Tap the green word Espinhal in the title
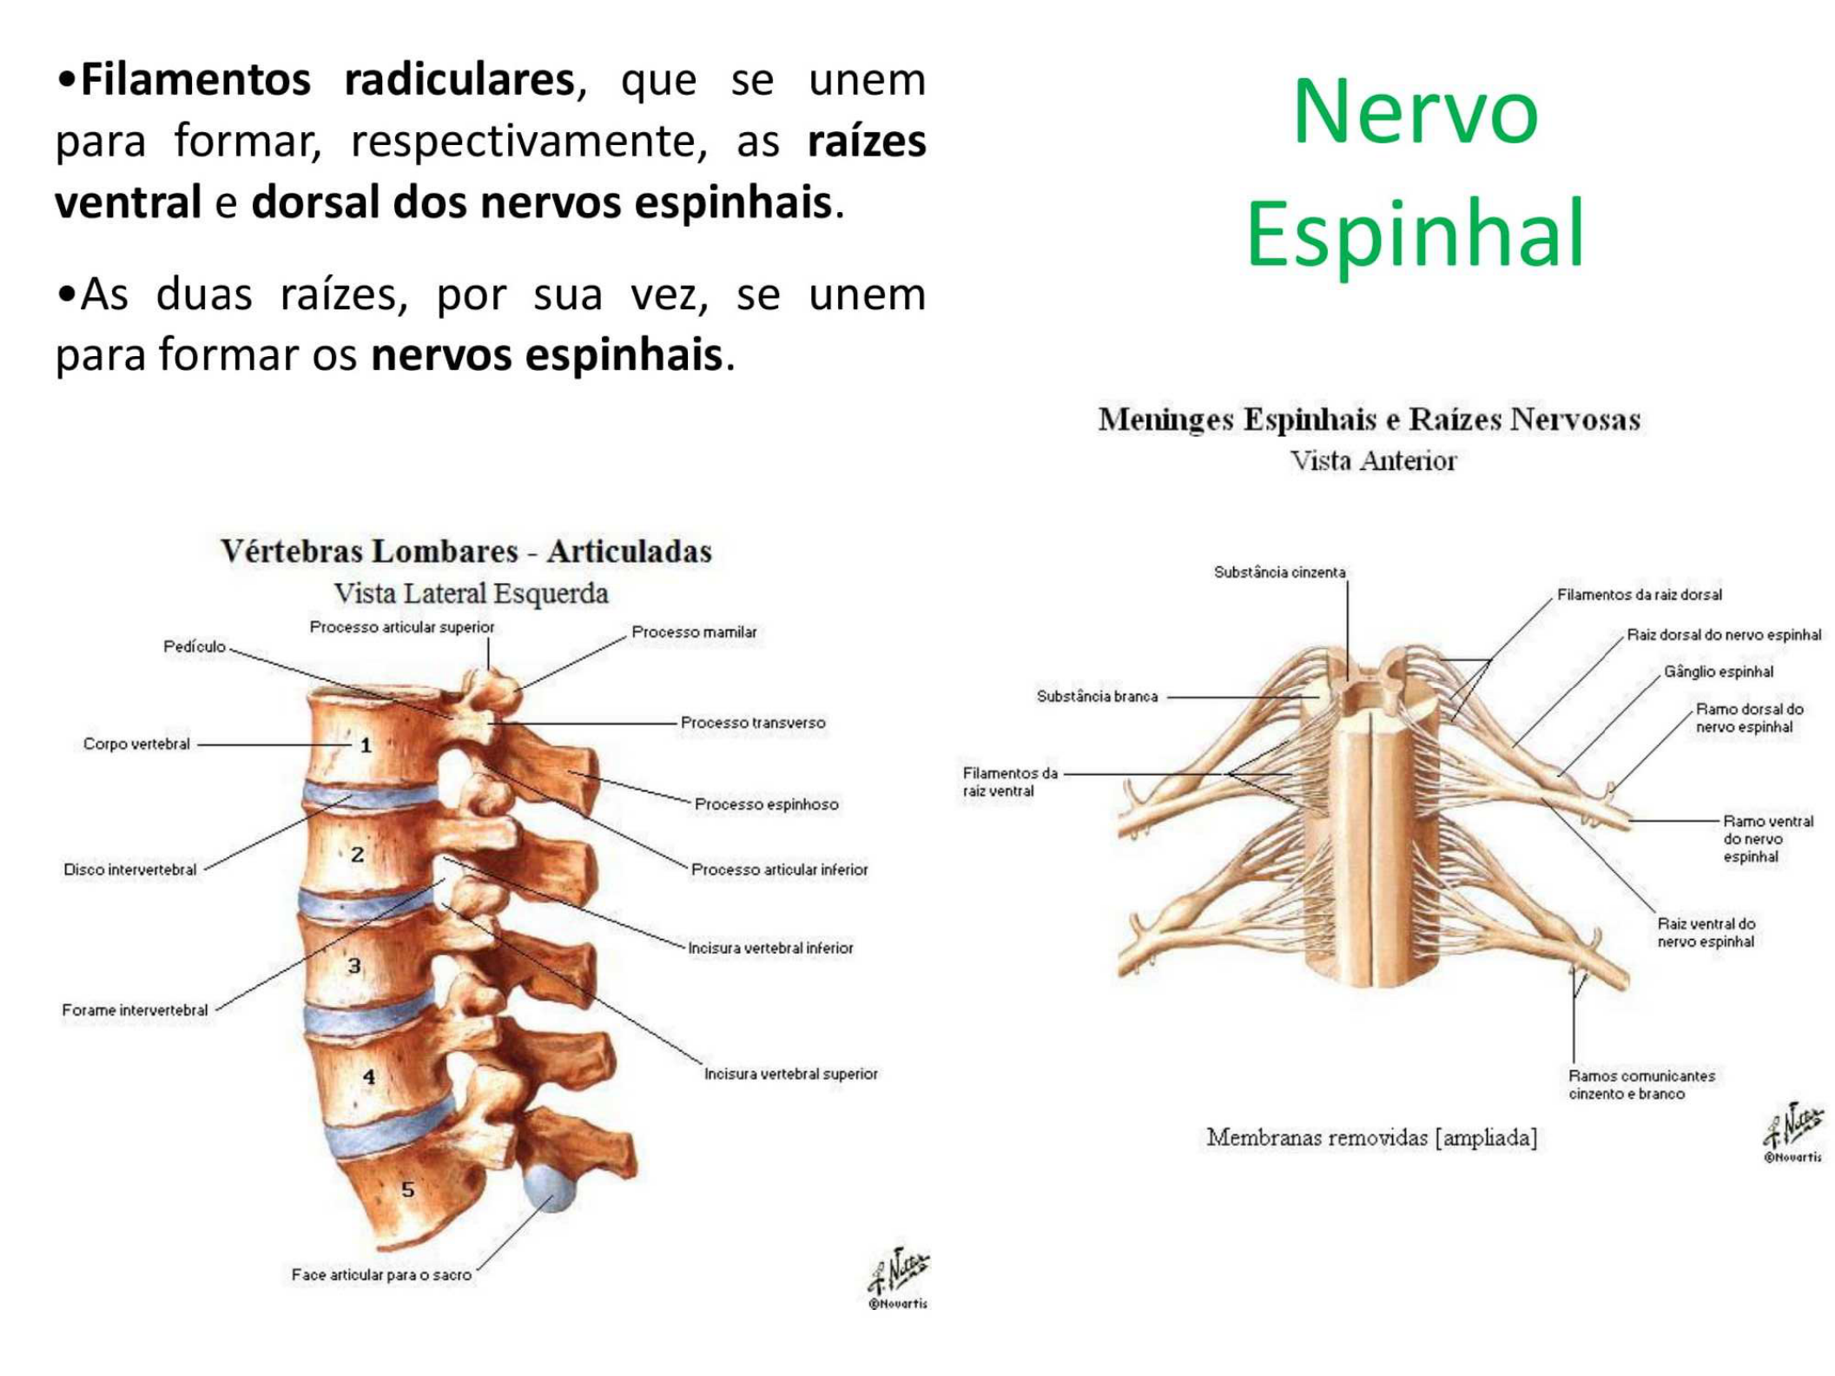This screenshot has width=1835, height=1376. (1416, 233)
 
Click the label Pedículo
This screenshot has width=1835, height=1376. (195, 646)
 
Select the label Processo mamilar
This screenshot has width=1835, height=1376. (694, 632)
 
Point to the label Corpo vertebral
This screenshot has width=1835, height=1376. (136, 744)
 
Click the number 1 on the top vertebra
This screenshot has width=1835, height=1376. (366, 745)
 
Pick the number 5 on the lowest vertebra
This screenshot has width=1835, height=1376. (407, 1189)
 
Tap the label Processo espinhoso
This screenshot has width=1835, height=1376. (767, 804)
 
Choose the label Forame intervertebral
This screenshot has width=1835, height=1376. (135, 1010)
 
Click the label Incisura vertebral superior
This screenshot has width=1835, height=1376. (791, 1074)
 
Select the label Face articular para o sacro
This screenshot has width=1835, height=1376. (381, 1274)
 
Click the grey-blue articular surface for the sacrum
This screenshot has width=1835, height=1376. (551, 1187)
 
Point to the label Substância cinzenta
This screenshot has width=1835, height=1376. (1279, 572)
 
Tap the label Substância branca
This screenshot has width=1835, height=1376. (1097, 696)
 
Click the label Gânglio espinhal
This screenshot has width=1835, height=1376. (1718, 671)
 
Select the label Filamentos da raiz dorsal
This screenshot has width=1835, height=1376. (1639, 595)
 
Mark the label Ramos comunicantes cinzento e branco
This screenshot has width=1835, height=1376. (1641, 1085)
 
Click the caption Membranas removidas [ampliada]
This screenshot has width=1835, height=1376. (1372, 1137)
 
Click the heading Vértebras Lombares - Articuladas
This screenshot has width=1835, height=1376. (466, 551)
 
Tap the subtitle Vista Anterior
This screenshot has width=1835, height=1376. (1373, 460)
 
